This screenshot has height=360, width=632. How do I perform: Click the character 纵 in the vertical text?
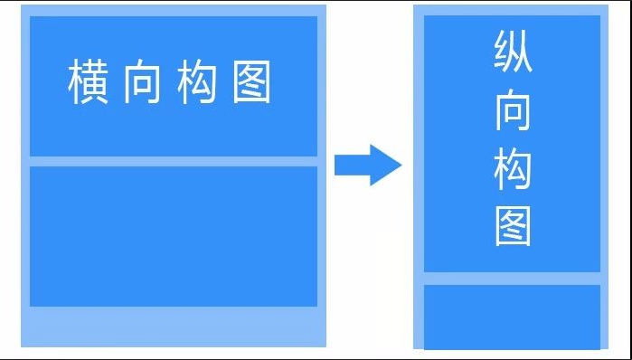(x=513, y=53)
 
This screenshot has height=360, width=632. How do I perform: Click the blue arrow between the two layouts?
(x=367, y=166)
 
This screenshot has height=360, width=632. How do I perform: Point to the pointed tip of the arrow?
(x=399, y=166)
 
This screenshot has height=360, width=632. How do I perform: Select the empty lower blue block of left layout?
(x=174, y=236)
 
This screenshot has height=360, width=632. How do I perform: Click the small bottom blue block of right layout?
(x=512, y=317)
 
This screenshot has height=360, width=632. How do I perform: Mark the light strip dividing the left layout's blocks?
(x=174, y=162)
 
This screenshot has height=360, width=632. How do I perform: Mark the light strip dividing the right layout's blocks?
(x=512, y=279)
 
